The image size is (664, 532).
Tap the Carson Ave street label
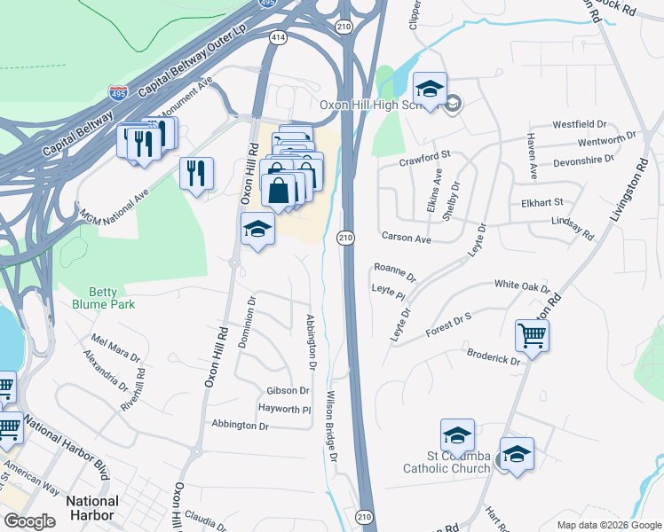click(x=406, y=239)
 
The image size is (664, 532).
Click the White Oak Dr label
click(x=523, y=286)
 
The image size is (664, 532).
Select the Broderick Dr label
click(x=494, y=356)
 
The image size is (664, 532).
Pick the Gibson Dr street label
click(x=288, y=391)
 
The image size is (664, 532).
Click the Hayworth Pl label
click(x=284, y=410)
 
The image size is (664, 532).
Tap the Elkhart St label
click(x=541, y=203)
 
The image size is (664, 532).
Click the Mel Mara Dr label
click(x=115, y=348)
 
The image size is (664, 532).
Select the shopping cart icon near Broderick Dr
click(x=533, y=336)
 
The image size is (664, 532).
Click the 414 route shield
click(x=279, y=37)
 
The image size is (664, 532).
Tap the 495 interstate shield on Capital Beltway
click(x=117, y=91)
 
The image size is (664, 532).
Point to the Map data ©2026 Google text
click(x=607, y=524)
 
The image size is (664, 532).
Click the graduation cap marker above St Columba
click(x=457, y=435)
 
